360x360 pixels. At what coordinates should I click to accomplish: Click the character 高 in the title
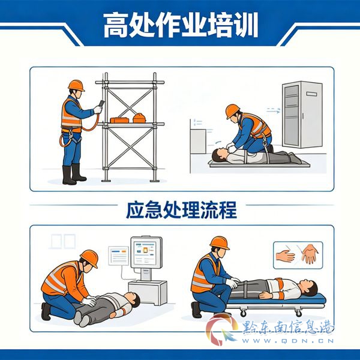[116, 25]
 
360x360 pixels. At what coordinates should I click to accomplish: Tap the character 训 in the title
[245, 25]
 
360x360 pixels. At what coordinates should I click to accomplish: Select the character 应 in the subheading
[135, 210]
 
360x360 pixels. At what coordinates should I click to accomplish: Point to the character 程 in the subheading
[227, 210]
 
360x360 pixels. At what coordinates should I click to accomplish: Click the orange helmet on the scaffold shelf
[139, 118]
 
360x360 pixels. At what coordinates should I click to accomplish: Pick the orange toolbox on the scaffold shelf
[119, 120]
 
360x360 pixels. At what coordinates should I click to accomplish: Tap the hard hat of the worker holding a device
[76, 85]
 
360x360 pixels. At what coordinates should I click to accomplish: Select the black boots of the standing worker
[74, 174]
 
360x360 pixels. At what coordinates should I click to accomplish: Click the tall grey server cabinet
[302, 115]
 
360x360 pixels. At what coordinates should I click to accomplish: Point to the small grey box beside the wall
[198, 142]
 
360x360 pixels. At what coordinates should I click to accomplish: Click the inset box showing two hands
[298, 255]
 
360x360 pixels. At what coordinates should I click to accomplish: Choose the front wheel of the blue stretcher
[244, 313]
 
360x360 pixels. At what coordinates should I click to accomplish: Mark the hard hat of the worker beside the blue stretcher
[220, 243]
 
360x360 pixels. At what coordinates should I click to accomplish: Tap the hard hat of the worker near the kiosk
[89, 258]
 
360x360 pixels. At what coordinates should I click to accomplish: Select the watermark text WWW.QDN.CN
[287, 341]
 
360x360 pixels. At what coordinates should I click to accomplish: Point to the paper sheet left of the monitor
[118, 256]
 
